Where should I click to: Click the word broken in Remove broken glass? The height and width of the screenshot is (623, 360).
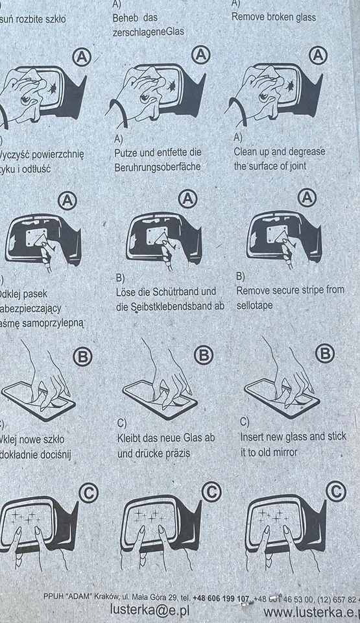click(280, 17)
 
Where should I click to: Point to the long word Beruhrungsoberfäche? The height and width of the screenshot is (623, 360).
click(157, 167)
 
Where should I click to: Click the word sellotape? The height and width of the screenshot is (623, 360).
click(254, 304)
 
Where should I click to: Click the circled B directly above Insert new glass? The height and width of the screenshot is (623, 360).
click(324, 354)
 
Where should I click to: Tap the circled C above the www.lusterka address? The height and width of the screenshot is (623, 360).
click(335, 491)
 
